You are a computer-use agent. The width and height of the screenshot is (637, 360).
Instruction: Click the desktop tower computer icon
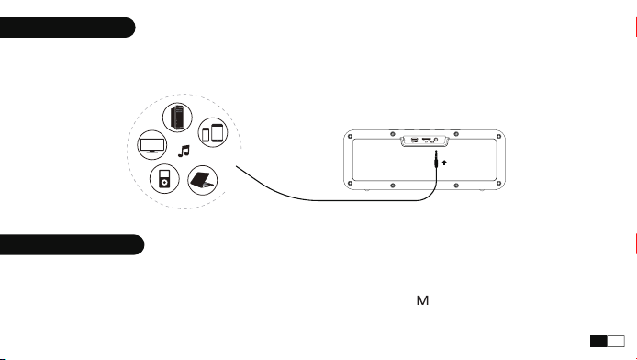(177, 117)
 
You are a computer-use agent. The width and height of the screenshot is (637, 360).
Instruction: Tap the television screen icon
(152, 145)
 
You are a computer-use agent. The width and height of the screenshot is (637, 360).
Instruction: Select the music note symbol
(184, 152)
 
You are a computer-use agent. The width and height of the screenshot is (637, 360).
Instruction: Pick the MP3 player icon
(164, 179)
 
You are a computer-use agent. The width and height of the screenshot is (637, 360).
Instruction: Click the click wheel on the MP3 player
(164, 183)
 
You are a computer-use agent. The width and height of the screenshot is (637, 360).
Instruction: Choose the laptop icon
(203, 180)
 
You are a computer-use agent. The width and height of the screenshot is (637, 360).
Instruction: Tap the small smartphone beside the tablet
(206, 134)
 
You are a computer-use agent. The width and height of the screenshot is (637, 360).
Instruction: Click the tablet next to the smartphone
(218, 133)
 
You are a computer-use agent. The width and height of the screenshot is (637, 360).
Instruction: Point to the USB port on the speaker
(414, 141)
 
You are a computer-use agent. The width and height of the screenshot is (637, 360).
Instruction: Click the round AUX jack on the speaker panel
(436, 140)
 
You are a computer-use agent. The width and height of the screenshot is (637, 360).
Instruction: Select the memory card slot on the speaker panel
(426, 139)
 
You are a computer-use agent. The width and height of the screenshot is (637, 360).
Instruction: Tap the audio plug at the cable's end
(436, 159)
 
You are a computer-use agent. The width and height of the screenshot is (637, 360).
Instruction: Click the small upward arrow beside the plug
(444, 163)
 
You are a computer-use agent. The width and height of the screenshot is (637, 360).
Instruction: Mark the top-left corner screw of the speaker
(351, 136)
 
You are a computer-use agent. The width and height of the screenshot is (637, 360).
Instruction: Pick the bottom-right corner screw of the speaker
(499, 184)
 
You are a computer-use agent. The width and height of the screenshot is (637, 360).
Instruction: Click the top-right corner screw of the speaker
(499, 136)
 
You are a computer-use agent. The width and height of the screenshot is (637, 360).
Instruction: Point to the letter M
(422, 300)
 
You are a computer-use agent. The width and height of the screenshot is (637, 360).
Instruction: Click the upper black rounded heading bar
(67, 28)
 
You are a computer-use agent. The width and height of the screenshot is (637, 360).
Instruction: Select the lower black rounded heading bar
(72, 244)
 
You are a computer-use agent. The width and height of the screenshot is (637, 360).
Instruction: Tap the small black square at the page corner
(598, 342)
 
